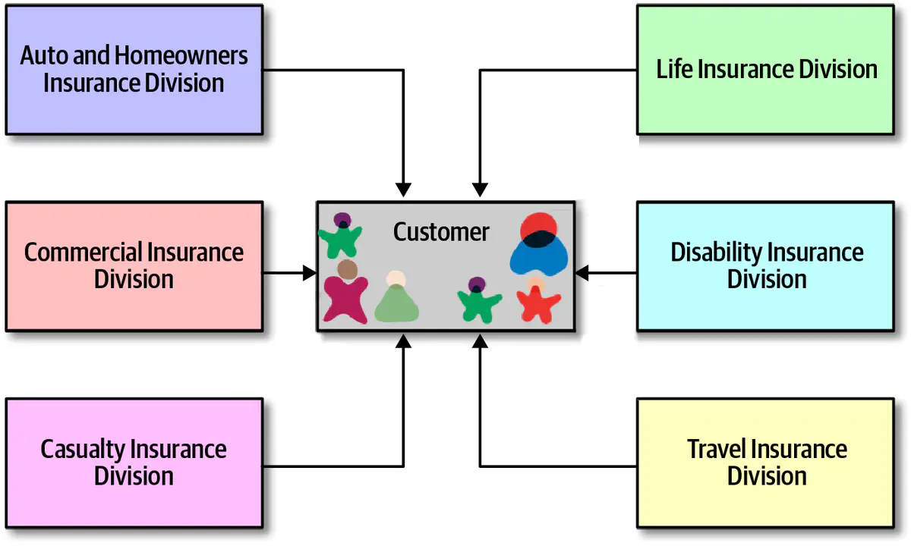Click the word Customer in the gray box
[441, 232]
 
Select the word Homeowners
[181, 55]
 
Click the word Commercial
[83, 252]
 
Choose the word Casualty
[83, 450]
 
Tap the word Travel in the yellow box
[716, 449]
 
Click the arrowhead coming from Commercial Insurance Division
[310, 273]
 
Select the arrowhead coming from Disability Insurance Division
[582, 273]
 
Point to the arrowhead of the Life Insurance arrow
[480, 190]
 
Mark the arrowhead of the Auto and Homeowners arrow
[403, 190]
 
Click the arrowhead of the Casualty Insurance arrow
[403, 341]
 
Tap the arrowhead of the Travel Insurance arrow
[480, 341]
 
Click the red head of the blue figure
[538, 224]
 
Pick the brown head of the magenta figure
[348, 270]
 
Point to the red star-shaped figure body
[538, 306]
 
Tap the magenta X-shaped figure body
[345, 300]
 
